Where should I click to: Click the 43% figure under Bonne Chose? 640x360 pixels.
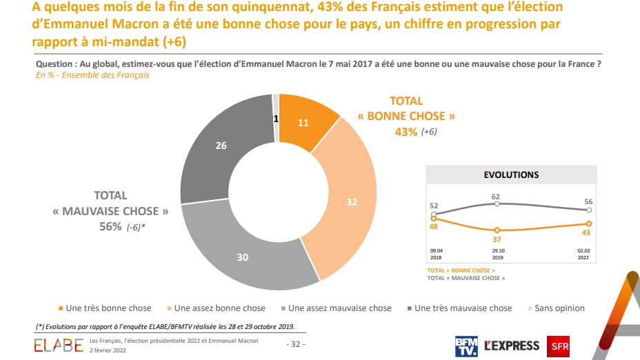405,131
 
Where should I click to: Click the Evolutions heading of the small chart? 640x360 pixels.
511,175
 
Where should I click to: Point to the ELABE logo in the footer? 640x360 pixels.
58,343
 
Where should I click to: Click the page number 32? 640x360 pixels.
295,343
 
